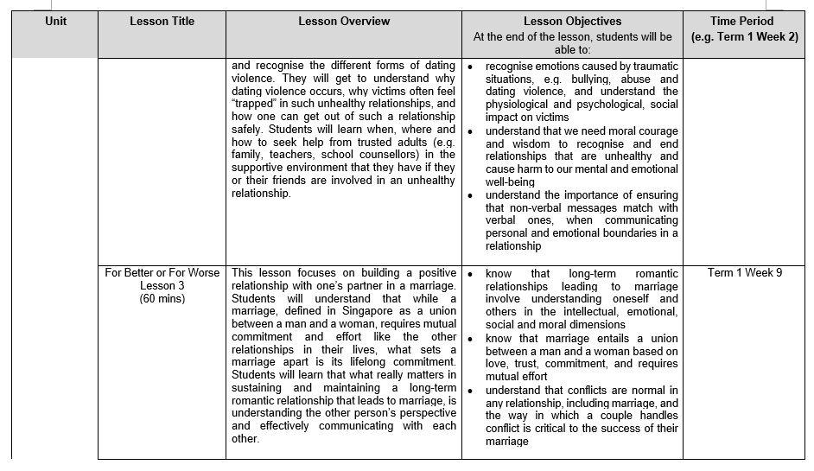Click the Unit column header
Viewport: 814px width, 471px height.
point(55,21)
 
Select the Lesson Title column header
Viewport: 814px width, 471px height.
point(162,21)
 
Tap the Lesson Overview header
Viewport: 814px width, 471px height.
point(344,21)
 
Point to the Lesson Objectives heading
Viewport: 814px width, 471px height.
point(572,21)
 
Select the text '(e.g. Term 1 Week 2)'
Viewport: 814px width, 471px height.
point(744,37)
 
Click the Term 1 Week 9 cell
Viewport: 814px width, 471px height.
point(744,273)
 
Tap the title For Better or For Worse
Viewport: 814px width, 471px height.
point(162,273)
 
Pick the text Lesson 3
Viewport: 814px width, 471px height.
point(162,286)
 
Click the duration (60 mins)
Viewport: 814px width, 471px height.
point(162,299)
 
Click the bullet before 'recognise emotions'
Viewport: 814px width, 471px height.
point(471,67)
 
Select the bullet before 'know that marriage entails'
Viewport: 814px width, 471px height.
point(471,339)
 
